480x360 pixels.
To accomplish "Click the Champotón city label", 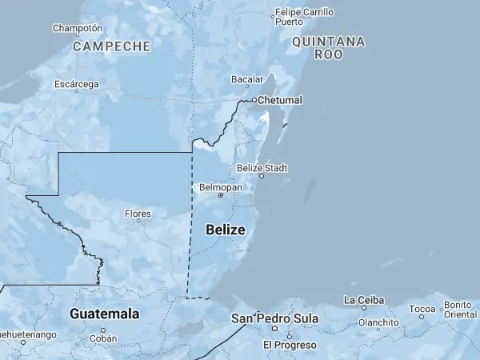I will point(78,28).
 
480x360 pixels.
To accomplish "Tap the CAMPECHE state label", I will point(112,46).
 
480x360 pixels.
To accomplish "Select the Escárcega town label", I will point(77,84).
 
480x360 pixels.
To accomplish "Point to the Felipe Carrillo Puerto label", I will point(304,17).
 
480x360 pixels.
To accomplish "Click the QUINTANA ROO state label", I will point(328,47).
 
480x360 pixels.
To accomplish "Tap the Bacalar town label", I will point(247,79).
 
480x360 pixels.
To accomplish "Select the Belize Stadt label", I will point(262,168).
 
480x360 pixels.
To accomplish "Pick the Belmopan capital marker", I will point(221,195).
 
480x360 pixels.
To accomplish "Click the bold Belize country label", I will point(226,230).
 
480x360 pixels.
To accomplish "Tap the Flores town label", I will point(138,214).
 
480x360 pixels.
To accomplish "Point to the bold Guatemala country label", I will point(105,314).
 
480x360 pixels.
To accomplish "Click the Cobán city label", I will point(103,338).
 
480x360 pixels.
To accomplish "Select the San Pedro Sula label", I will point(274,318).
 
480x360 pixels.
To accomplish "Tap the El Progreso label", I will point(290,345).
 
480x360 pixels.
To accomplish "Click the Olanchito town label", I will point(378,323).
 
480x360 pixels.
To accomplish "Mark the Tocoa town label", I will point(422,309).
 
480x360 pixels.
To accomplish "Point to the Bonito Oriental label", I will point(459,310).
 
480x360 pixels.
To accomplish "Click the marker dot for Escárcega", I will point(77,91).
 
